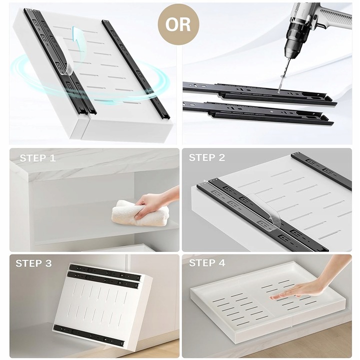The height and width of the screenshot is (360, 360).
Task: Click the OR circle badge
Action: pyautogui.click(x=178, y=24)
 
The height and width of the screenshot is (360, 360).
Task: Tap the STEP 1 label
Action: pyautogui.click(x=37, y=158)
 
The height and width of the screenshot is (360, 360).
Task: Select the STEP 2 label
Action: pyautogui.click(x=207, y=157)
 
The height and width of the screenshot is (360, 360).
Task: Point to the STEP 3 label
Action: pyautogui.click(x=34, y=263)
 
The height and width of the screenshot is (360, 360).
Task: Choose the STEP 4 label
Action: pyautogui.click(x=207, y=263)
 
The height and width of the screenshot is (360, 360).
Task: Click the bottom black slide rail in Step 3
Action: pyautogui.click(x=89, y=335)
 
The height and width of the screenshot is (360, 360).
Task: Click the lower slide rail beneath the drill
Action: pyautogui.click(x=257, y=113)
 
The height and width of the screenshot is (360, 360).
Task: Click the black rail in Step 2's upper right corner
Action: pyautogui.click(x=321, y=170)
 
